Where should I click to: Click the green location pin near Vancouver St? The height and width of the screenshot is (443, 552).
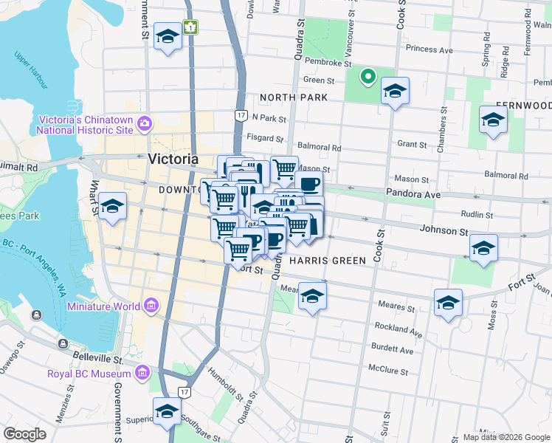click(367, 76)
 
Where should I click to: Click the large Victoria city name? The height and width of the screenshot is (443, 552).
click(173, 159)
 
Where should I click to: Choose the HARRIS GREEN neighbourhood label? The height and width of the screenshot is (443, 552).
click(328, 261)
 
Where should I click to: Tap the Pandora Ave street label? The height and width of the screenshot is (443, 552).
click(413, 193)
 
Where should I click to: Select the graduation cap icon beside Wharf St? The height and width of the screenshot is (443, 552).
click(113, 207)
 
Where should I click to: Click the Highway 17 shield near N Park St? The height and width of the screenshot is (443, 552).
click(241, 115)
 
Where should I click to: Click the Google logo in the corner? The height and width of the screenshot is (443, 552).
click(25, 433)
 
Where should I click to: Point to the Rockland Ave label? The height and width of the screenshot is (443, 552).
click(399, 329)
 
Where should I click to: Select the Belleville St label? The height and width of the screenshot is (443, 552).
click(98, 357)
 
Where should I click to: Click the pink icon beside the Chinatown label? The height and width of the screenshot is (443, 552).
click(145, 123)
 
